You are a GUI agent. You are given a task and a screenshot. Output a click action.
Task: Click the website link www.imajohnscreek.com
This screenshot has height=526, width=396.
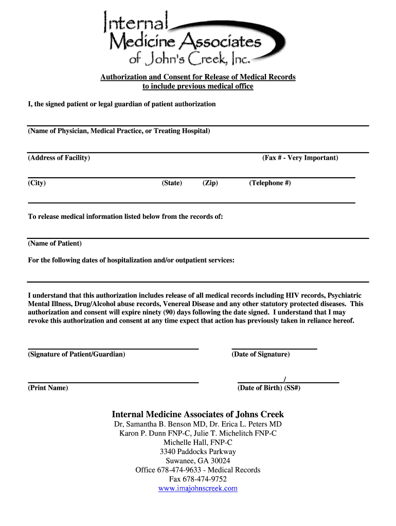point(198,489)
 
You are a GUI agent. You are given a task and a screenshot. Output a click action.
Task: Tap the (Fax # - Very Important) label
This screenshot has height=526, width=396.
point(300,158)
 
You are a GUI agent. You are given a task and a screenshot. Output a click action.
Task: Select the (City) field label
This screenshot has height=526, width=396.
point(37,183)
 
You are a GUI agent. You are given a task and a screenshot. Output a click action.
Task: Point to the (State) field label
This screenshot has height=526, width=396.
point(172,183)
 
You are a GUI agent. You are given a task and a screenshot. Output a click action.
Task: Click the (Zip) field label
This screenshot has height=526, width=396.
point(210,183)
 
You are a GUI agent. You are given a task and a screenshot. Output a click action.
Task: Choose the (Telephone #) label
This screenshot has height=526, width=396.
point(270,183)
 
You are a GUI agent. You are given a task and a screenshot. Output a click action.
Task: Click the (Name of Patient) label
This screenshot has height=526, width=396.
point(55,243)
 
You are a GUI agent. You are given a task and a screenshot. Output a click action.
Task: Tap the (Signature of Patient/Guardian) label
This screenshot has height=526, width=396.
point(76,354)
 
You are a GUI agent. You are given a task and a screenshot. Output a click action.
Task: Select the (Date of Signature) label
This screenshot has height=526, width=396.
point(261,354)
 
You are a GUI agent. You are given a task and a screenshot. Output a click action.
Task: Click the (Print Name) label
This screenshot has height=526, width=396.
point(48,388)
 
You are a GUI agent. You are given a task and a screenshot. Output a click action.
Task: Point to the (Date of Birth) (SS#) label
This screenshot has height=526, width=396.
point(269,388)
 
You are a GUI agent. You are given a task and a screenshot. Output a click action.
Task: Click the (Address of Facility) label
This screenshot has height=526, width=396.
point(59,158)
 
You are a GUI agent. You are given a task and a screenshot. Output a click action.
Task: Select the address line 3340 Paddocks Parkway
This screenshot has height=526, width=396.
point(198,452)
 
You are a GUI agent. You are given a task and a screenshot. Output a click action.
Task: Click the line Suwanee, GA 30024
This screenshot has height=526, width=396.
point(198,461)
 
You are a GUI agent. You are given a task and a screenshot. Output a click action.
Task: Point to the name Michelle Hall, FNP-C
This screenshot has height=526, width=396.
point(198,442)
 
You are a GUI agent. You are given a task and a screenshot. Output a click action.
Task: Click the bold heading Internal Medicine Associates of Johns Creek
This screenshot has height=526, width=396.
point(198,414)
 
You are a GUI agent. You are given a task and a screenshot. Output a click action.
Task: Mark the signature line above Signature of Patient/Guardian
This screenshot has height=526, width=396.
point(113,349)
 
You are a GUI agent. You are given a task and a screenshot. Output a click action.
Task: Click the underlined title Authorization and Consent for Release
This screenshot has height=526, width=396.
point(198,77)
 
